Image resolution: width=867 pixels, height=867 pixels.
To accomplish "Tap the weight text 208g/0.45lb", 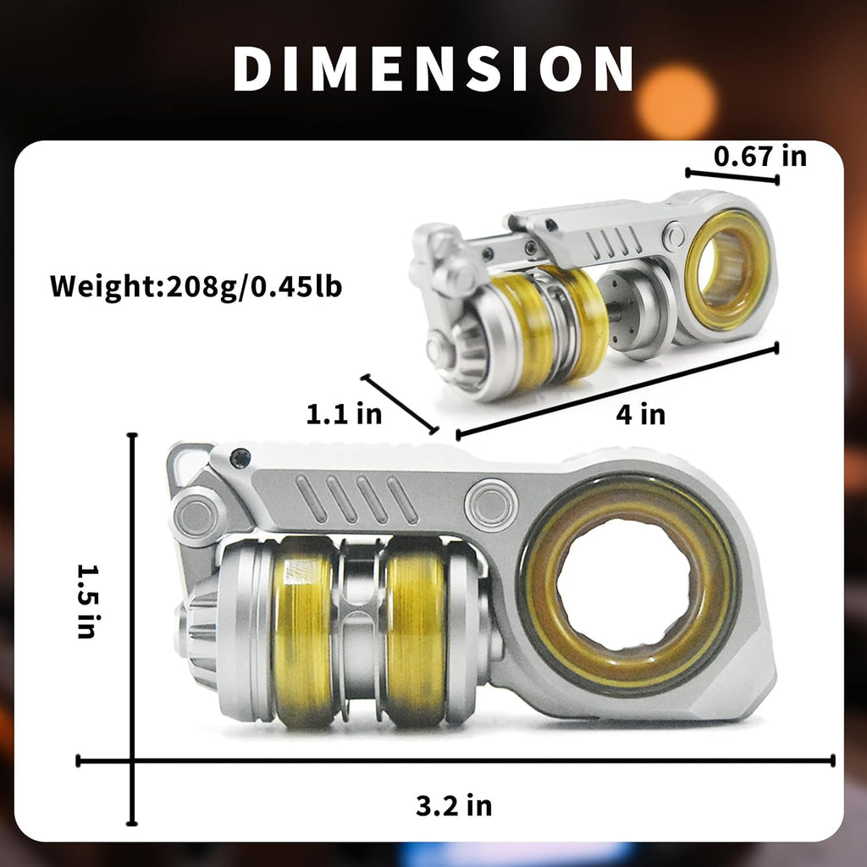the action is (x=254, y=286).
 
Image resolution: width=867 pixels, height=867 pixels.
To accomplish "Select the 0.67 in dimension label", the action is (x=759, y=156).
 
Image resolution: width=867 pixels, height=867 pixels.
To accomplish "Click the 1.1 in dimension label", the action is (x=344, y=413).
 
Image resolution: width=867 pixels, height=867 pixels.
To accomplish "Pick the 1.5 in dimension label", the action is (x=87, y=601).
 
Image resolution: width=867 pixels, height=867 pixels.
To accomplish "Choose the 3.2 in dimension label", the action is (x=454, y=805).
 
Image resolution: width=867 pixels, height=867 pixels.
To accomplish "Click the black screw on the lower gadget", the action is (x=240, y=458).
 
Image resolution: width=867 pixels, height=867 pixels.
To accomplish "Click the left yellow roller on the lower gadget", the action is (x=303, y=630).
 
